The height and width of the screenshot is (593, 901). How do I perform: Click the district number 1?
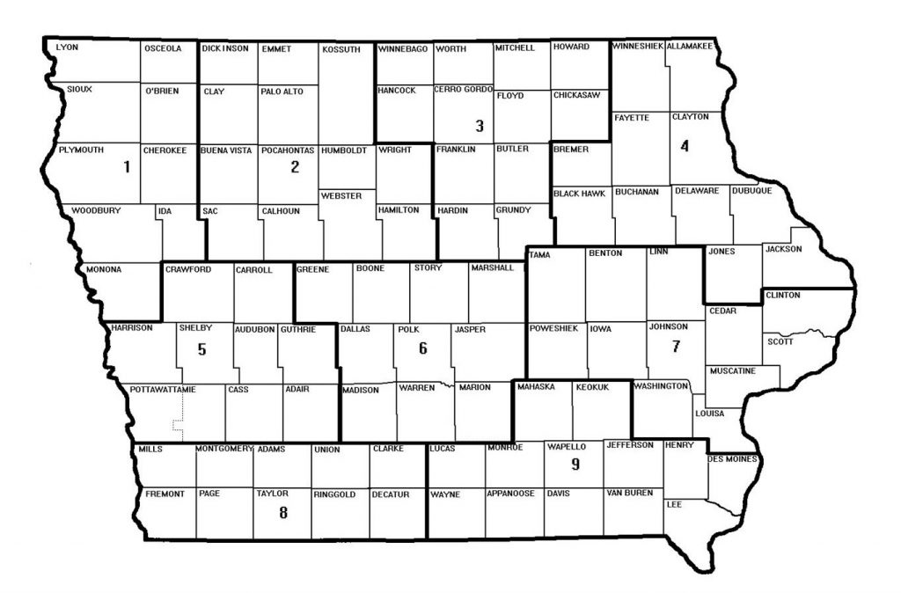[127, 166]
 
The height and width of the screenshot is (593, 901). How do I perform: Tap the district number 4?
[684, 146]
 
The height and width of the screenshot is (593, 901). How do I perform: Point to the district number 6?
[423, 348]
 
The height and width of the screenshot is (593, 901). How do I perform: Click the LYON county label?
[67, 48]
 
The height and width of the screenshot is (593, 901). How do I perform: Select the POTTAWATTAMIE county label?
[163, 389]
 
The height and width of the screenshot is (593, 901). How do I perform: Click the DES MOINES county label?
[732, 458]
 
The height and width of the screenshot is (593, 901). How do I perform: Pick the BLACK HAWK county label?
[579, 193]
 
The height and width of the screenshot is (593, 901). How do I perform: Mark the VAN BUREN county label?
[628, 494]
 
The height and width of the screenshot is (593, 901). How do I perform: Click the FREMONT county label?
[165, 494]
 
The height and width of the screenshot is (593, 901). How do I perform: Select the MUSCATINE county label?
[732, 370]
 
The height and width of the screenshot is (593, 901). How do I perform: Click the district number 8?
[282, 514]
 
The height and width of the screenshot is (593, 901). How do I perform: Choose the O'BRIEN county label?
[161, 91]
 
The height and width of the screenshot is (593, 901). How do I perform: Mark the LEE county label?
[676, 504]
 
